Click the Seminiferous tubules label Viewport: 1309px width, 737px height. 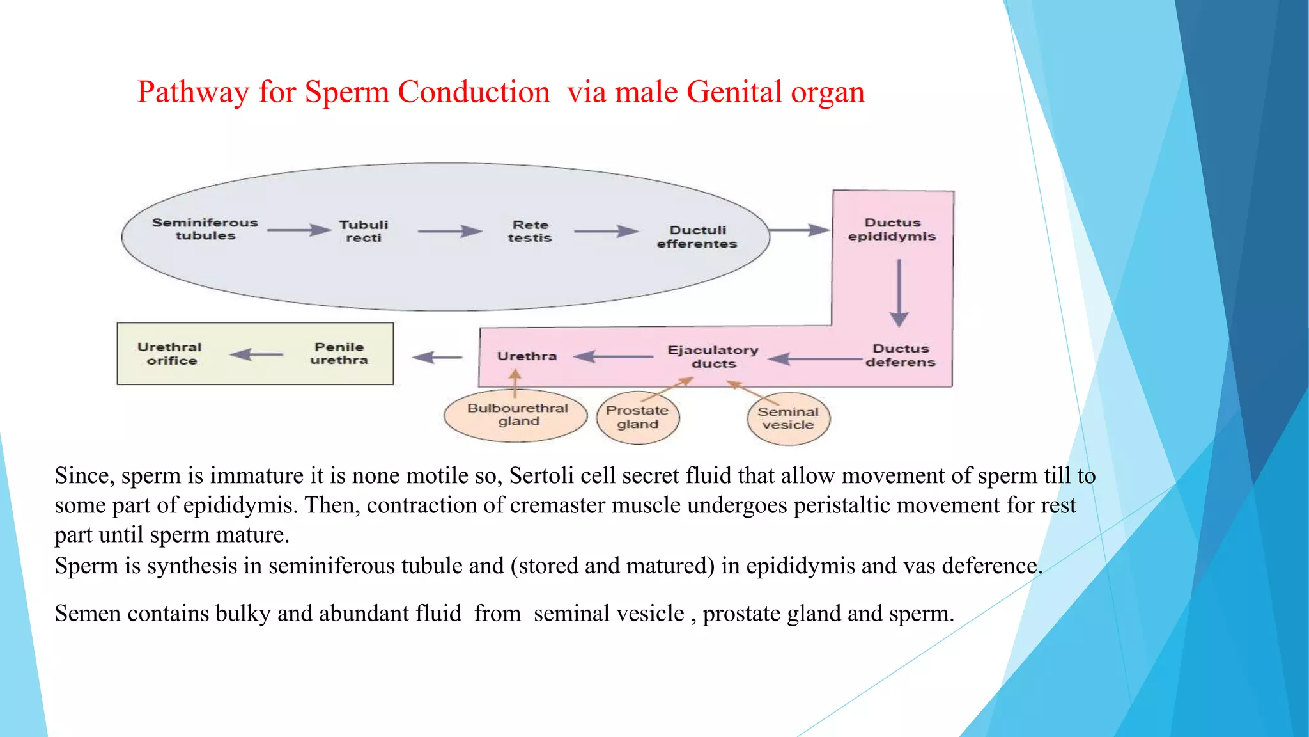coord(205,229)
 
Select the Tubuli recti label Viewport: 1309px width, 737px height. coord(364,231)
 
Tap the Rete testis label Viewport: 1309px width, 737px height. coord(530,231)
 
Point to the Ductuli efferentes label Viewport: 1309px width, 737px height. coord(697,237)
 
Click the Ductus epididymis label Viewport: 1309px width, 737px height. coord(892,229)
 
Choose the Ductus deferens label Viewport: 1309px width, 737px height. coord(901,355)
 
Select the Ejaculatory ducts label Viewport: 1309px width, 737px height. coord(713,356)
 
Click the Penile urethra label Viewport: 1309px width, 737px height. coord(339,353)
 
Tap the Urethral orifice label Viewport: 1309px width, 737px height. coord(170,354)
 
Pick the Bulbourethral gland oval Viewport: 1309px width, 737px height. coord(516,416)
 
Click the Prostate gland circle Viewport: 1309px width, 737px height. coord(637,418)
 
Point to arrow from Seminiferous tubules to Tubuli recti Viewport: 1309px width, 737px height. coord(299,230)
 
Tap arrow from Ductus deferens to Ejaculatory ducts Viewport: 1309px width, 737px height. coord(815,359)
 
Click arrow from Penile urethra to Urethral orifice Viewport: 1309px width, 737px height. coord(256,354)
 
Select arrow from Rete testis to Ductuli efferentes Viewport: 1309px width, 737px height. coord(606,231)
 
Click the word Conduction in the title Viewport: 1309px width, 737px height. coord(474,92)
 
